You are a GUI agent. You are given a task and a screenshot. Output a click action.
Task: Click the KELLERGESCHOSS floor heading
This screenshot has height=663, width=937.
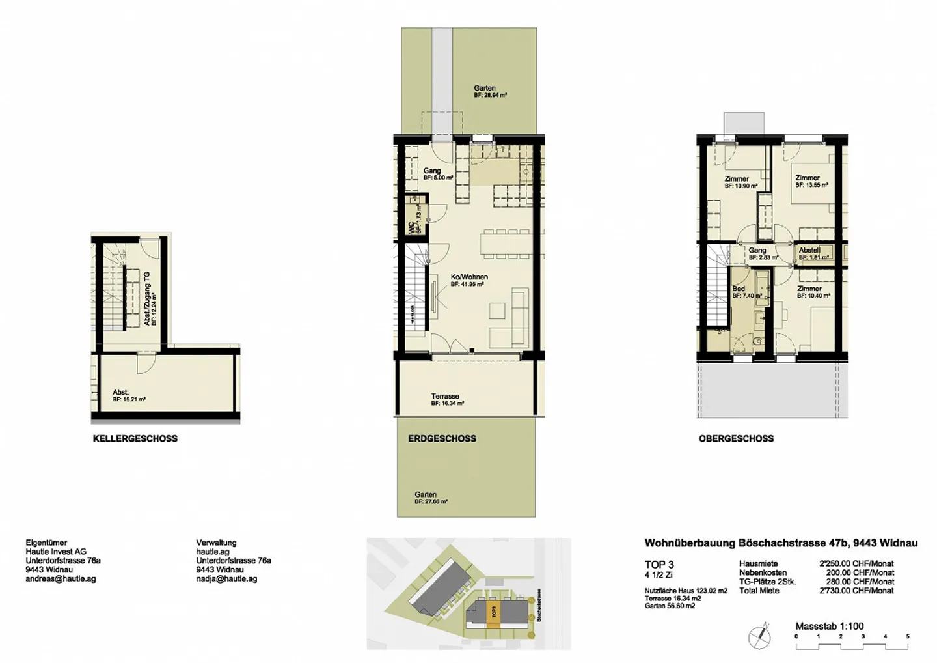click(x=135, y=439)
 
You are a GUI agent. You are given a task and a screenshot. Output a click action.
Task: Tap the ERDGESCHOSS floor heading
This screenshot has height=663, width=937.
click(x=442, y=439)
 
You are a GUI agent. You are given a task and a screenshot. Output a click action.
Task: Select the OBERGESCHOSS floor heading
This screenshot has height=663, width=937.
click(x=736, y=439)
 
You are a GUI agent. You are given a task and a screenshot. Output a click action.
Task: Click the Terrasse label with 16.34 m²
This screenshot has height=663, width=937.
click(x=446, y=399)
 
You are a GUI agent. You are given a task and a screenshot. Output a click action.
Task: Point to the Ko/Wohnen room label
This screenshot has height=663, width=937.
click(x=468, y=280)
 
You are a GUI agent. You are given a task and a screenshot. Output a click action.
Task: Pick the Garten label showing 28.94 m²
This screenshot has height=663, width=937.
click(x=485, y=91)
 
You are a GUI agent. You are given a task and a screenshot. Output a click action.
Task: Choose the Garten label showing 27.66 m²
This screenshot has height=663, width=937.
click(x=426, y=498)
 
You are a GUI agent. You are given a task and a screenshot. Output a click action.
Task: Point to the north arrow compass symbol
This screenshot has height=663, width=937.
click(x=759, y=636)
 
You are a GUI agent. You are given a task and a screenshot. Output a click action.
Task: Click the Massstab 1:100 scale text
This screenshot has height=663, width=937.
click(x=829, y=626)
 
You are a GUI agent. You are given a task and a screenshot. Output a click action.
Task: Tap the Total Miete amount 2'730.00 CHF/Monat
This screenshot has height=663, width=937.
click(x=856, y=591)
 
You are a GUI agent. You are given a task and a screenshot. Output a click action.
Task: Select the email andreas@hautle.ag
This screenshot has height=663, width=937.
click(x=61, y=579)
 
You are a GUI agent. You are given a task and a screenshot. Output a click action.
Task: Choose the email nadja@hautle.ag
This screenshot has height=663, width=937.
click(x=226, y=579)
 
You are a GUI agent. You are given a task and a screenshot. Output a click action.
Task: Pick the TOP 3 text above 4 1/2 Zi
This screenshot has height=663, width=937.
click(x=659, y=565)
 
